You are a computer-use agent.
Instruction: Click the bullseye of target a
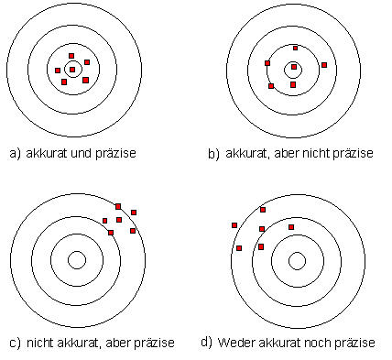[72, 69]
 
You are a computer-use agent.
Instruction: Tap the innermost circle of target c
[78, 260]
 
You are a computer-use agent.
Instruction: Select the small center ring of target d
[297, 260]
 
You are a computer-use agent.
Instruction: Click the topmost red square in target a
[71, 56]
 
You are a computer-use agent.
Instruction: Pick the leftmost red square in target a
[58, 71]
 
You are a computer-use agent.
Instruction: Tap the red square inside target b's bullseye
[293, 67]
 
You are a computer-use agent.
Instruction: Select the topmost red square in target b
[295, 47]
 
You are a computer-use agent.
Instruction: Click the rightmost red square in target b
[323, 65]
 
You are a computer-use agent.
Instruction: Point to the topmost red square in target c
[117, 206]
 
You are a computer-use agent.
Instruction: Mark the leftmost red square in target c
[104, 221]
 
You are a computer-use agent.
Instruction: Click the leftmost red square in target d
[234, 224]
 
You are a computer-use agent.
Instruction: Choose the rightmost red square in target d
[291, 226]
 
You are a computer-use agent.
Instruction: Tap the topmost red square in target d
[263, 210]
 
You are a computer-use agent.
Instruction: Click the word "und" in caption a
[82, 153]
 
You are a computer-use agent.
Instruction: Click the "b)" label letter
[213, 154]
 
